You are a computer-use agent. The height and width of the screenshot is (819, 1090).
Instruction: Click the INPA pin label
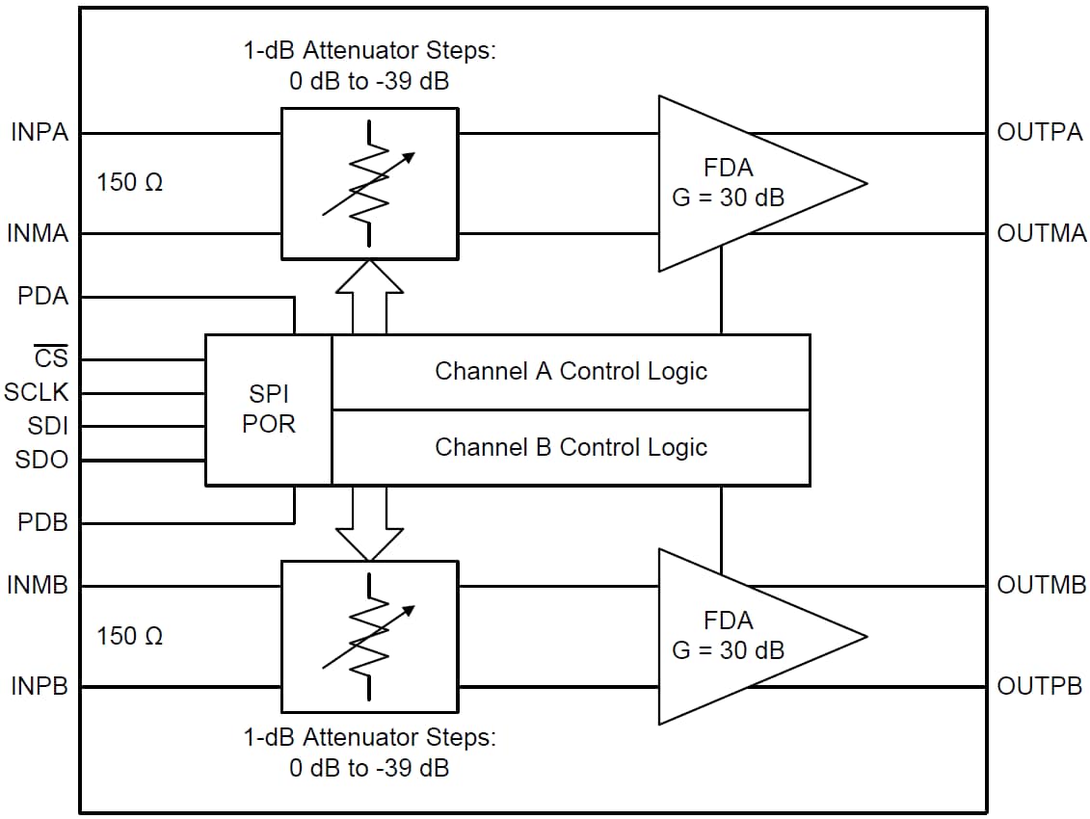[40, 133]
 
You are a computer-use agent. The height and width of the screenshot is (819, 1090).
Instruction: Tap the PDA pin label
[44, 297]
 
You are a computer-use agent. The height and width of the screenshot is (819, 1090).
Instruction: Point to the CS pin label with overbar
[50, 359]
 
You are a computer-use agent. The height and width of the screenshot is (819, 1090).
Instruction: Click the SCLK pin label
[37, 393]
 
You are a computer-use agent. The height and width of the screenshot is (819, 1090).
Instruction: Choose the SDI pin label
[47, 426]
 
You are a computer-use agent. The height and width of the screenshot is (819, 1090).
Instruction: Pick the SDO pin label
[42, 461]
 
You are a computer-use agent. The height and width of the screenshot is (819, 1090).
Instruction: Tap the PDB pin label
[44, 524]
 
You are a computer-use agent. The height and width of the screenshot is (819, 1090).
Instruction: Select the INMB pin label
[39, 585]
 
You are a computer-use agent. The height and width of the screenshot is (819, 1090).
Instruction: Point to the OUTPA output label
[1041, 133]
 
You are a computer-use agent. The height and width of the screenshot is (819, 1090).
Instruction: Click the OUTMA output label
[1042, 233]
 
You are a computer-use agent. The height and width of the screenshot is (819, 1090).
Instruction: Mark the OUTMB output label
[1042, 585]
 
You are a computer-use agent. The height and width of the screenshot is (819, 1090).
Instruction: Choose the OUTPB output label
[1041, 687]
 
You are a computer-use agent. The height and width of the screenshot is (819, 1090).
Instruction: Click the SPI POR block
[268, 409]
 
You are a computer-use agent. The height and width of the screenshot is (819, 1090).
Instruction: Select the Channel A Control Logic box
[571, 372]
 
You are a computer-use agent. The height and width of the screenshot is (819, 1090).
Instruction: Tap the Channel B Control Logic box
[571, 447]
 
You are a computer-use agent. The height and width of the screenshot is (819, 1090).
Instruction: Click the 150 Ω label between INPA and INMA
[130, 182]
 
